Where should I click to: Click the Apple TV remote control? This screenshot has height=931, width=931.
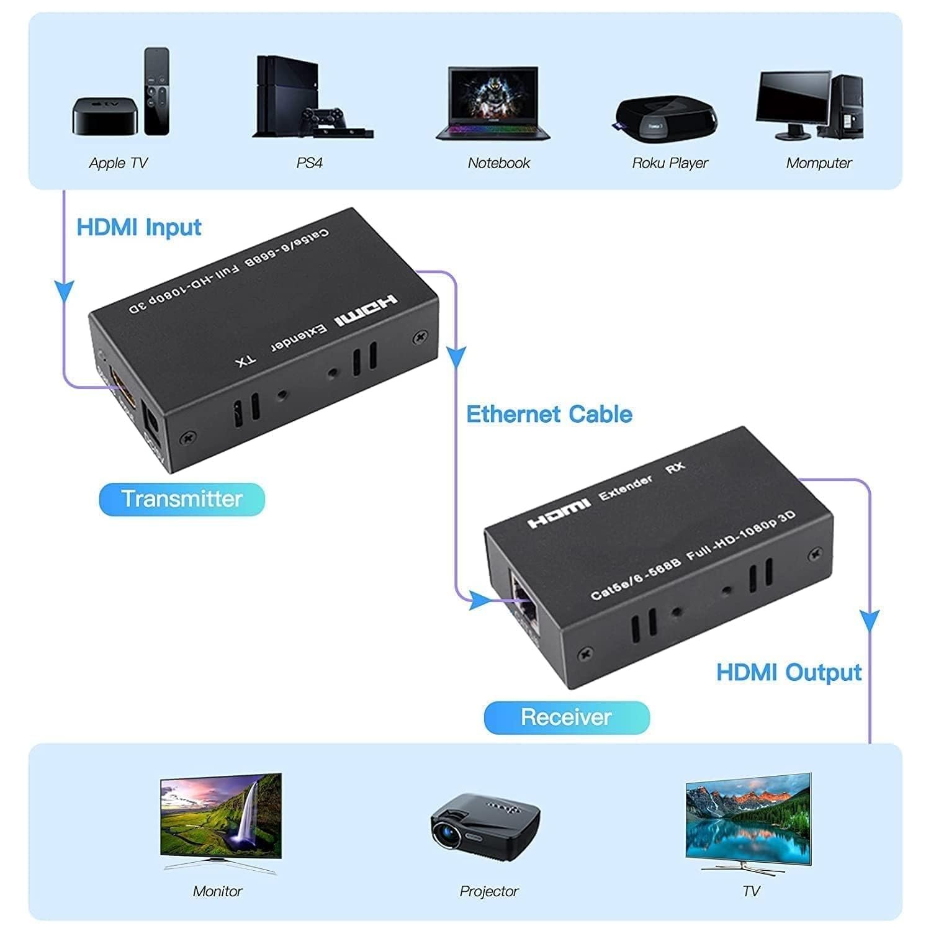(156, 91)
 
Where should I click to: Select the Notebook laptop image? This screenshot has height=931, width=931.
(493, 103)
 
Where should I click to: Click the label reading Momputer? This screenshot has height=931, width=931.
(819, 163)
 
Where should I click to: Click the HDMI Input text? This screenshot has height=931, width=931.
(139, 227)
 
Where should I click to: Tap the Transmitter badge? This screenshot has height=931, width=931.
(182, 499)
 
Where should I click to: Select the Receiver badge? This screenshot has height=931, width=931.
(566, 717)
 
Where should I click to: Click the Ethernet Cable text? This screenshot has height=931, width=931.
(549, 415)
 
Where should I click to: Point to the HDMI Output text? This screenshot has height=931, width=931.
(789, 673)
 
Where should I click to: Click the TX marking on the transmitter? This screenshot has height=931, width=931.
(246, 362)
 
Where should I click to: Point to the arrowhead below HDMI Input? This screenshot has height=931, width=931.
(64, 292)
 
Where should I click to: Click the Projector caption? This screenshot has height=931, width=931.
(489, 891)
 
